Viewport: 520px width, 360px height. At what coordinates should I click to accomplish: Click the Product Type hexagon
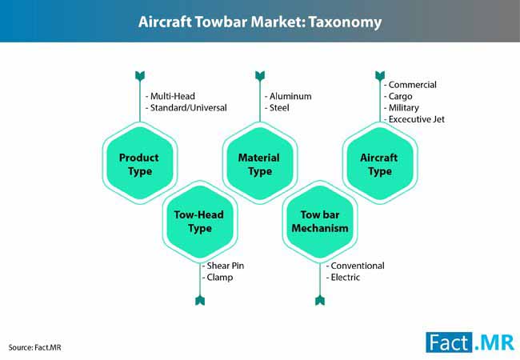pos(140,163)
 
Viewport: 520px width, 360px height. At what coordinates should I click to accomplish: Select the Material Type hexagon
pos(260,163)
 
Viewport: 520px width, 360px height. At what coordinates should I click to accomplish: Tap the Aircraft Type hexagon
pos(380,163)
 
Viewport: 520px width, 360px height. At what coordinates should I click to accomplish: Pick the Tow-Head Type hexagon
pos(200,222)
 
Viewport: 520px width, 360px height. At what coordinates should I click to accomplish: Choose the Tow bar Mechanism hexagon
pos(320,222)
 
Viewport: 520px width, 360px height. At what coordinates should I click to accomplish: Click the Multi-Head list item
pos(170,96)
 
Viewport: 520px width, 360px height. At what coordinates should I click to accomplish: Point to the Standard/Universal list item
pos(186,108)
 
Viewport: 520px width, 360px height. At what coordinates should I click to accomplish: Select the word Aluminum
pos(290,96)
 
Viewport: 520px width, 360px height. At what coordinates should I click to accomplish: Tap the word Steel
pos(279,108)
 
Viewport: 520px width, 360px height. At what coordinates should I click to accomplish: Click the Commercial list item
pos(410,85)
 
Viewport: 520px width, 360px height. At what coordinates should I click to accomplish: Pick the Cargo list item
pos(398,97)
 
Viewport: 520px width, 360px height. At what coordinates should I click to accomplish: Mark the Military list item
pos(402,108)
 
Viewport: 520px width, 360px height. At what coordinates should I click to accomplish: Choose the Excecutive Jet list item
pos(414,119)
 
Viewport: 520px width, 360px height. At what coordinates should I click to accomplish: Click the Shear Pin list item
pos(223,266)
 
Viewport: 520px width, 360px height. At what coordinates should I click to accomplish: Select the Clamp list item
pos(218,278)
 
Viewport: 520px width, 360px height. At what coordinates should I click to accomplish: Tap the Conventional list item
pos(355,266)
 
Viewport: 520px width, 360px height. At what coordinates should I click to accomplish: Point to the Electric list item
pos(343,278)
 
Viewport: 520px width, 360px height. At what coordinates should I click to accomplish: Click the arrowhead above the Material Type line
pos(260,76)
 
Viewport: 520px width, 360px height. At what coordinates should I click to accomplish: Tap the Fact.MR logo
pos(470,342)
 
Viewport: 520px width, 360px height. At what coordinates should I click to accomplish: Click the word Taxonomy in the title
pos(346,22)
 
